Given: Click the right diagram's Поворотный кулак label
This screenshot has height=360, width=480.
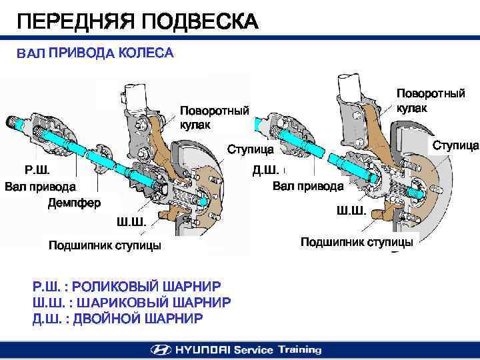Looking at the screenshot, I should click(431, 100).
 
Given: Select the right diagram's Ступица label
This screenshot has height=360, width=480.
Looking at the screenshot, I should click(456, 145).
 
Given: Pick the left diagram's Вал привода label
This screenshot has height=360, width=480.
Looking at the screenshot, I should click(40, 187).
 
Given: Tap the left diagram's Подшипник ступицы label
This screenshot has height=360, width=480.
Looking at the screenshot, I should click(105, 246).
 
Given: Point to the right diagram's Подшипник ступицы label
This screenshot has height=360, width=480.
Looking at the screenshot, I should click(357, 242).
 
